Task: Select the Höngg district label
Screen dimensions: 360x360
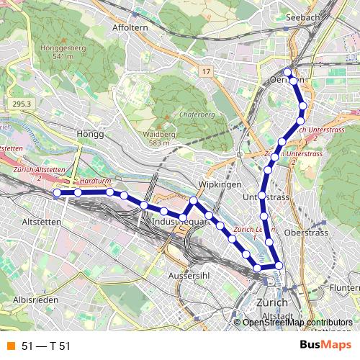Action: [90, 134]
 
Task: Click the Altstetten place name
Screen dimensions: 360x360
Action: [42, 222]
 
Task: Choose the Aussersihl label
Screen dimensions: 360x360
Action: [187, 276]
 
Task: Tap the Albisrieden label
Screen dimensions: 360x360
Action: [34, 299]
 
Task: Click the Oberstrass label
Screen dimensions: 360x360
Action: [305, 233]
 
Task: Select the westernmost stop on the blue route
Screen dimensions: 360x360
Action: [56, 192]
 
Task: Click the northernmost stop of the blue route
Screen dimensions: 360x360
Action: [287, 72]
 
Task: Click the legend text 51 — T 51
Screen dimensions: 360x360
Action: [46, 346]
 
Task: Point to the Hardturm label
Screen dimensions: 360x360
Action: [95, 182]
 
